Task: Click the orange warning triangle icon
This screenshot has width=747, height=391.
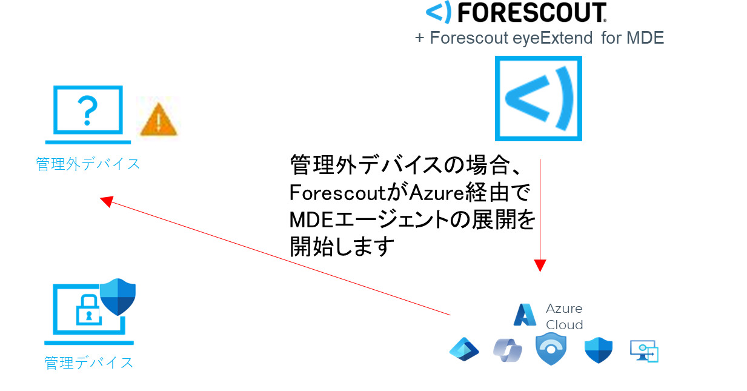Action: point(158,120)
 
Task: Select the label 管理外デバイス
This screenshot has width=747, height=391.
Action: point(88,164)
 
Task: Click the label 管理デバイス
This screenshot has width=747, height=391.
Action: point(88,363)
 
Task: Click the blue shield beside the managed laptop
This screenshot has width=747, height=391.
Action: point(118,297)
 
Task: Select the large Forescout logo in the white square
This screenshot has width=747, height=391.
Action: point(538,98)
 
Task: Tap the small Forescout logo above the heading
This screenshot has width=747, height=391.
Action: point(439,12)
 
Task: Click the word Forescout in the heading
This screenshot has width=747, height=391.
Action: point(470,38)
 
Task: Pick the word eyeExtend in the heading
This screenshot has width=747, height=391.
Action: point(553,38)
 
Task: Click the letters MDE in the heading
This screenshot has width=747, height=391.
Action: point(645,38)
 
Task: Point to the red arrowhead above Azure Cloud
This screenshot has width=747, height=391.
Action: point(540,266)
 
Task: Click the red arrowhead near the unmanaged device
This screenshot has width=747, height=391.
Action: point(107,201)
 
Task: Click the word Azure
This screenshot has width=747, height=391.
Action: point(563,309)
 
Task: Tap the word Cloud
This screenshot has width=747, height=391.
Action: point(564,324)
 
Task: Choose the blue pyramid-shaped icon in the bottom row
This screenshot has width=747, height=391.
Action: point(464,349)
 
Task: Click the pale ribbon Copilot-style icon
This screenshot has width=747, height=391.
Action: point(507,350)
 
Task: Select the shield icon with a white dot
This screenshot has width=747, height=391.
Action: point(551,349)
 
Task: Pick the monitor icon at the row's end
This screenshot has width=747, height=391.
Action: point(644,350)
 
